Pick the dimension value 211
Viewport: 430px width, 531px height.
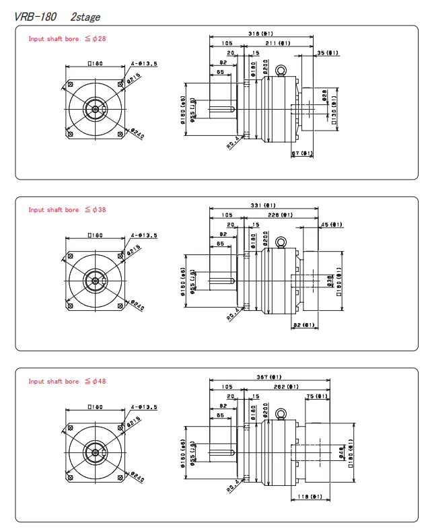[277, 43]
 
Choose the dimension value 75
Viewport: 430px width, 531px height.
[319, 397]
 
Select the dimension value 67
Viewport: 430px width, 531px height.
[301, 153]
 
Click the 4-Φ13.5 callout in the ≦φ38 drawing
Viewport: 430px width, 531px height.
[145, 236]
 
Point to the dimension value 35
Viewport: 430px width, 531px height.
[328, 53]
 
